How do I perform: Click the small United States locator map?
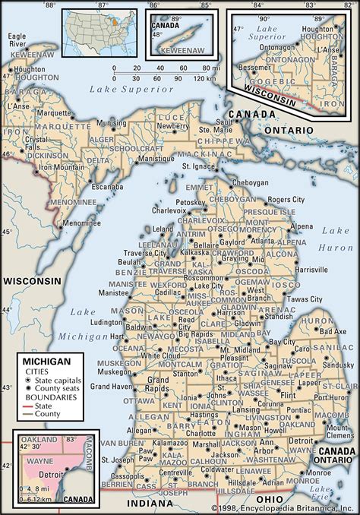tap(99, 30)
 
